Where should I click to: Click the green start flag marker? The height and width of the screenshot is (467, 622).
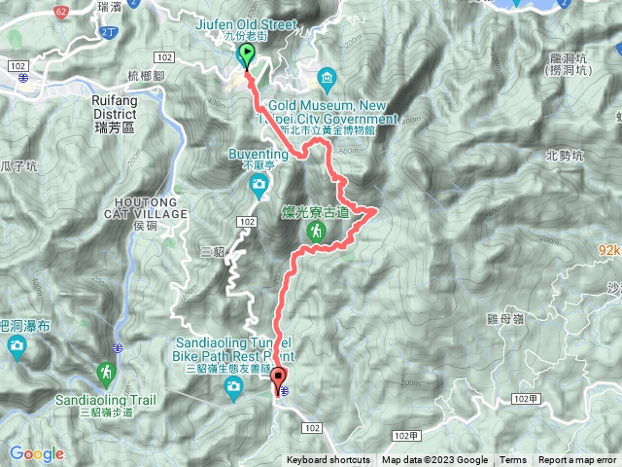pos(246,56)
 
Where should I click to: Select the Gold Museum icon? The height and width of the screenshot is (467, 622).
pos(327,77)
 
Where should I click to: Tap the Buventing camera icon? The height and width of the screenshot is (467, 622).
pos(259,185)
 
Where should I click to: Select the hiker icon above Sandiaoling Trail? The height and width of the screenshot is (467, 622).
pos(105,373)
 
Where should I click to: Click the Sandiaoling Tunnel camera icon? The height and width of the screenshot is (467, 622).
pos(233,390)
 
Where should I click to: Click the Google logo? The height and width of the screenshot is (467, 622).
pos(37,453)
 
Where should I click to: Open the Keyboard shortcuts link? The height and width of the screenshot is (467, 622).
pos(328,460)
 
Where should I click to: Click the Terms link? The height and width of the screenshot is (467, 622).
pos(513,460)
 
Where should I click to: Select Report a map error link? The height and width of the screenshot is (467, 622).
pos(578,460)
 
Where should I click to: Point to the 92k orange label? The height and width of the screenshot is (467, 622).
pos(608,250)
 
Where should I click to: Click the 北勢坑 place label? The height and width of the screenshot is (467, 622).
pos(565,155)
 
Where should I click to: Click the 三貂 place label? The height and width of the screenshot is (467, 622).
pos(212,252)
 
